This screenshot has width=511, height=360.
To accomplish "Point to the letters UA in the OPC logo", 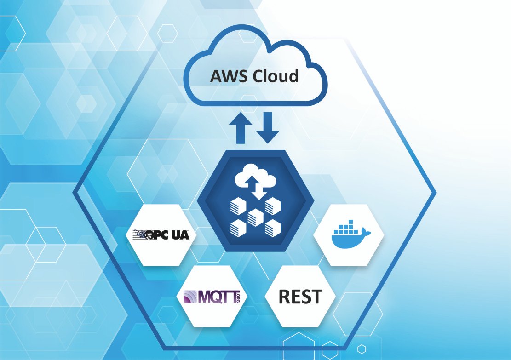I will click(183, 235).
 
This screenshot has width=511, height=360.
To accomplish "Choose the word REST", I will click(300, 297).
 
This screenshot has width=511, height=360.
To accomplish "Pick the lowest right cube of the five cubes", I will click(272, 227).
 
